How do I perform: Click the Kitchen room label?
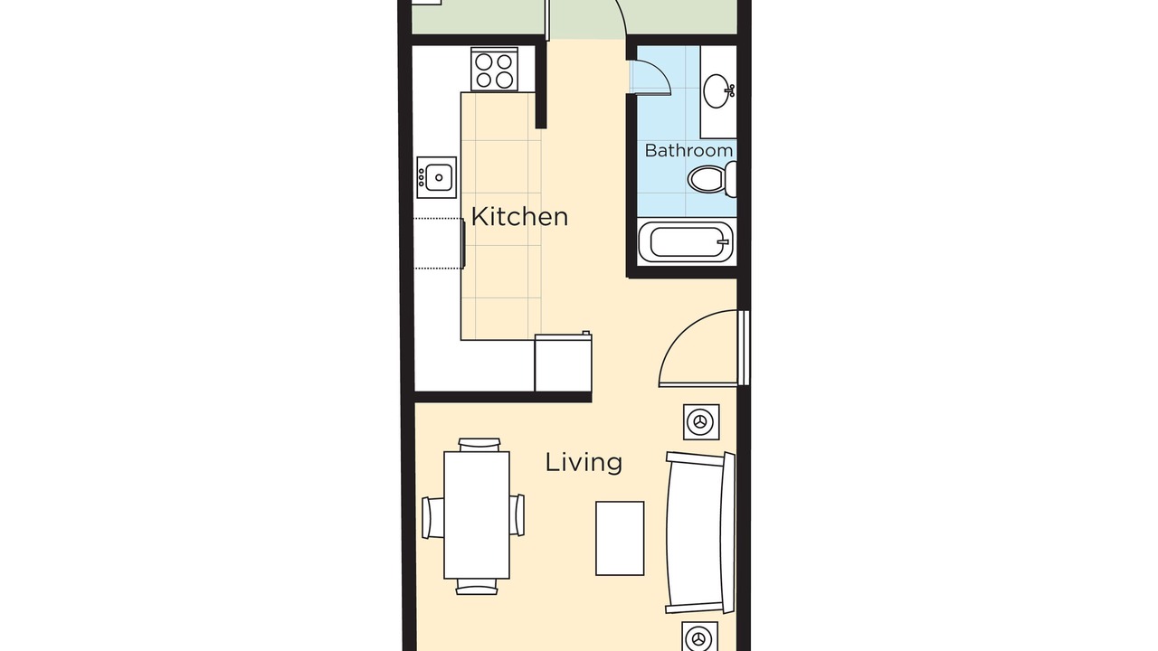pos(519,216)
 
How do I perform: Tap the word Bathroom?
pos(688,150)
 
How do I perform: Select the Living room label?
pos(584,462)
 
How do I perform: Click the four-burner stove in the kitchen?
pos(494,70)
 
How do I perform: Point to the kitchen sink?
pos(437,177)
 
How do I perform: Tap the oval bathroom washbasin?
pos(718,91)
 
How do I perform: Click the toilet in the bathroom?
pos(712,179)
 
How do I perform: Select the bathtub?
pos(686,241)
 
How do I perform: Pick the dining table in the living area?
pos(477,515)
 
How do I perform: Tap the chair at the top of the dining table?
pos(479,445)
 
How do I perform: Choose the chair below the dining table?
pos(477,587)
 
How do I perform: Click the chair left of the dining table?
pos(432,518)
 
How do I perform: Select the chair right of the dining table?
pos(517,515)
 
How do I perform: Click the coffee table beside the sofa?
pos(620,538)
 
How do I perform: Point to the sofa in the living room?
pos(700,533)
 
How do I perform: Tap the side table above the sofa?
pos(701,422)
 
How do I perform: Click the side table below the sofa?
pos(699,637)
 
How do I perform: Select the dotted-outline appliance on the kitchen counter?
pos(439,243)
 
